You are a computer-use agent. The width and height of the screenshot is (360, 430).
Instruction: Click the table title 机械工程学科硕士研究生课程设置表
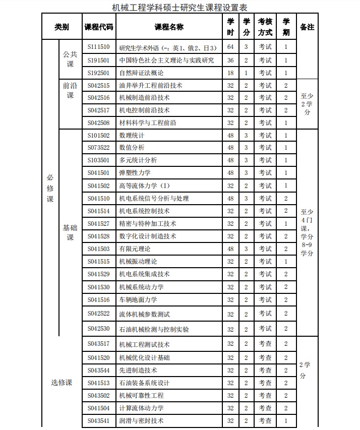point(180,7)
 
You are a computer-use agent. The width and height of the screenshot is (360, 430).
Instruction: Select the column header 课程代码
point(99,27)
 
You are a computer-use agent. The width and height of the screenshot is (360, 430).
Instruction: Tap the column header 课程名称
point(169,27)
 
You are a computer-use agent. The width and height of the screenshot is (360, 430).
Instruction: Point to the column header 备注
point(307,27)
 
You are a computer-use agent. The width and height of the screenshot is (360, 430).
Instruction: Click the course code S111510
point(98,47)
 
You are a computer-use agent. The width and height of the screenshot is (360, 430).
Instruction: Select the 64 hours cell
point(230,47)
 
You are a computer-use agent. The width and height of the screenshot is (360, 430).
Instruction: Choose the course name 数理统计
point(132,136)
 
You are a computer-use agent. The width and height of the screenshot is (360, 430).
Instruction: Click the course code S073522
point(98,148)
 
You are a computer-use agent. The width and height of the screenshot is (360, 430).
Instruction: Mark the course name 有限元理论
point(135,249)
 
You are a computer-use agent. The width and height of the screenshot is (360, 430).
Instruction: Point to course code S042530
point(98,329)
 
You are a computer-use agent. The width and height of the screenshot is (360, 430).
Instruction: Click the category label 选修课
point(62,383)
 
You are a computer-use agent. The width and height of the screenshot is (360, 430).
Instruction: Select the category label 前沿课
point(70,90)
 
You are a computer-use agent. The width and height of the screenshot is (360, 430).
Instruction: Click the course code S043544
point(98,370)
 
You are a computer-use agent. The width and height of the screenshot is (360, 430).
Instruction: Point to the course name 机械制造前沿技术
point(144,98)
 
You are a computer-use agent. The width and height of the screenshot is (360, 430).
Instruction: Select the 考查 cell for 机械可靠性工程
point(265,396)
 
